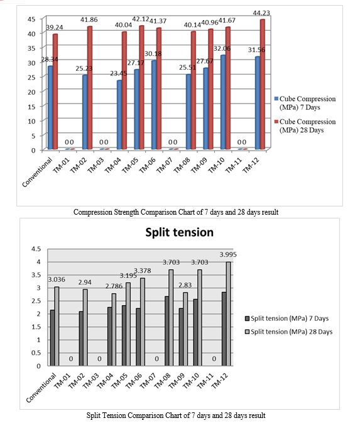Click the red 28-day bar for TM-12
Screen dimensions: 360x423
click(x=262, y=85)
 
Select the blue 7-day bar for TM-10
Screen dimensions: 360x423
click(x=223, y=102)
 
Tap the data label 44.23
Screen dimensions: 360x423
click(x=261, y=13)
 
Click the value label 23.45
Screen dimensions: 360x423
click(x=119, y=73)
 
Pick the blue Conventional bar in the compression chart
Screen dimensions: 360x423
click(x=50, y=108)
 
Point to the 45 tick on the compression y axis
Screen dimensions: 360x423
click(x=31, y=19)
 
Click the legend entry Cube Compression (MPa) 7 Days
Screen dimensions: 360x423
click(x=305, y=103)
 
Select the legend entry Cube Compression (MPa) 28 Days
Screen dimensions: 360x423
click(x=305, y=126)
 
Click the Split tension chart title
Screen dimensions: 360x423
click(x=180, y=232)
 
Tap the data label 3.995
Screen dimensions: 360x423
click(x=228, y=254)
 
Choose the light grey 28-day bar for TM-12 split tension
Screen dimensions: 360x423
click(x=228, y=314)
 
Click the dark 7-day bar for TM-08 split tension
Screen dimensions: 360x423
click(x=167, y=331)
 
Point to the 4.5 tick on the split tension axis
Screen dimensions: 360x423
click(x=36, y=249)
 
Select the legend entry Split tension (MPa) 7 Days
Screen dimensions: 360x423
click(x=287, y=319)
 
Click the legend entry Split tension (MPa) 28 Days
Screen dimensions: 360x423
click(x=289, y=332)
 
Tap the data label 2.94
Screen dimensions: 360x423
click(x=85, y=282)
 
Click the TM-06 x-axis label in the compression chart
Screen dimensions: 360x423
click(x=147, y=165)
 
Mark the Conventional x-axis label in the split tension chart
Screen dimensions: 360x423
click(x=41, y=388)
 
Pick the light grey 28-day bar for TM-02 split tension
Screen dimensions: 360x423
click(x=85, y=328)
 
